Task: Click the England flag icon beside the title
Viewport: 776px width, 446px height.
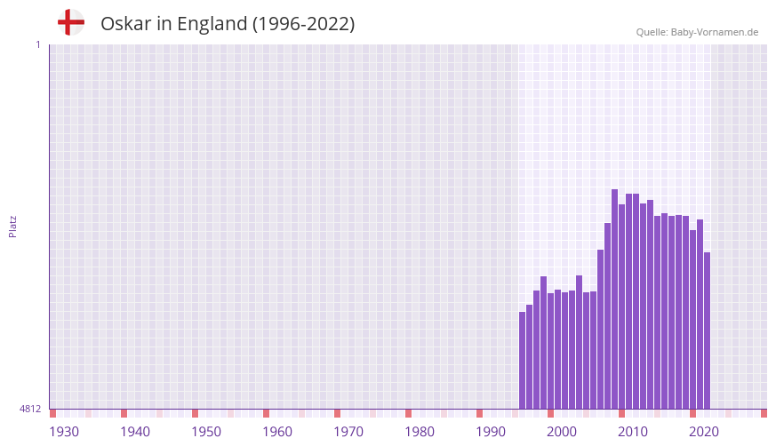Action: click(x=70, y=22)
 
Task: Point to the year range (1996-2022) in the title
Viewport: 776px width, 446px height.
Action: click(x=303, y=24)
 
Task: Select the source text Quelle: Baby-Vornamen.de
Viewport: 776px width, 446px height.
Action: click(x=697, y=32)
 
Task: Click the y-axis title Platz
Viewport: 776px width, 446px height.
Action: click(x=12, y=227)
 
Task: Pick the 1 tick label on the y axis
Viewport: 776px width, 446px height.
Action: click(x=37, y=44)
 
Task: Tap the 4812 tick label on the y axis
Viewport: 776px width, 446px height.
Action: click(x=30, y=409)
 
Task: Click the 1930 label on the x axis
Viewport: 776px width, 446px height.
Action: click(x=64, y=432)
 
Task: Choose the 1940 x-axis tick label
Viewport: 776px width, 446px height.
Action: click(x=135, y=432)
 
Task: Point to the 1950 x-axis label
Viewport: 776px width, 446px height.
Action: click(x=206, y=432)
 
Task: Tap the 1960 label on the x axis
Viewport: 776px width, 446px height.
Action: click(x=277, y=432)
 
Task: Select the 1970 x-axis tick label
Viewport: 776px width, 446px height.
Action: click(x=348, y=432)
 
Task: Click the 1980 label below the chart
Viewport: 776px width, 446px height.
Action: click(x=420, y=432)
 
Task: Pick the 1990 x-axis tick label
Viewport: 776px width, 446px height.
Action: click(x=491, y=432)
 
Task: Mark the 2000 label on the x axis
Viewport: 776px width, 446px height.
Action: click(x=562, y=432)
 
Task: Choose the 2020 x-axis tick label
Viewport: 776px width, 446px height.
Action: click(x=704, y=432)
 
